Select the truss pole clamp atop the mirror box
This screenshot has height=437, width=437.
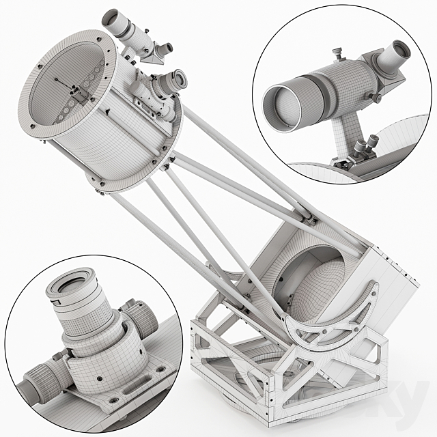tap(311, 218)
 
